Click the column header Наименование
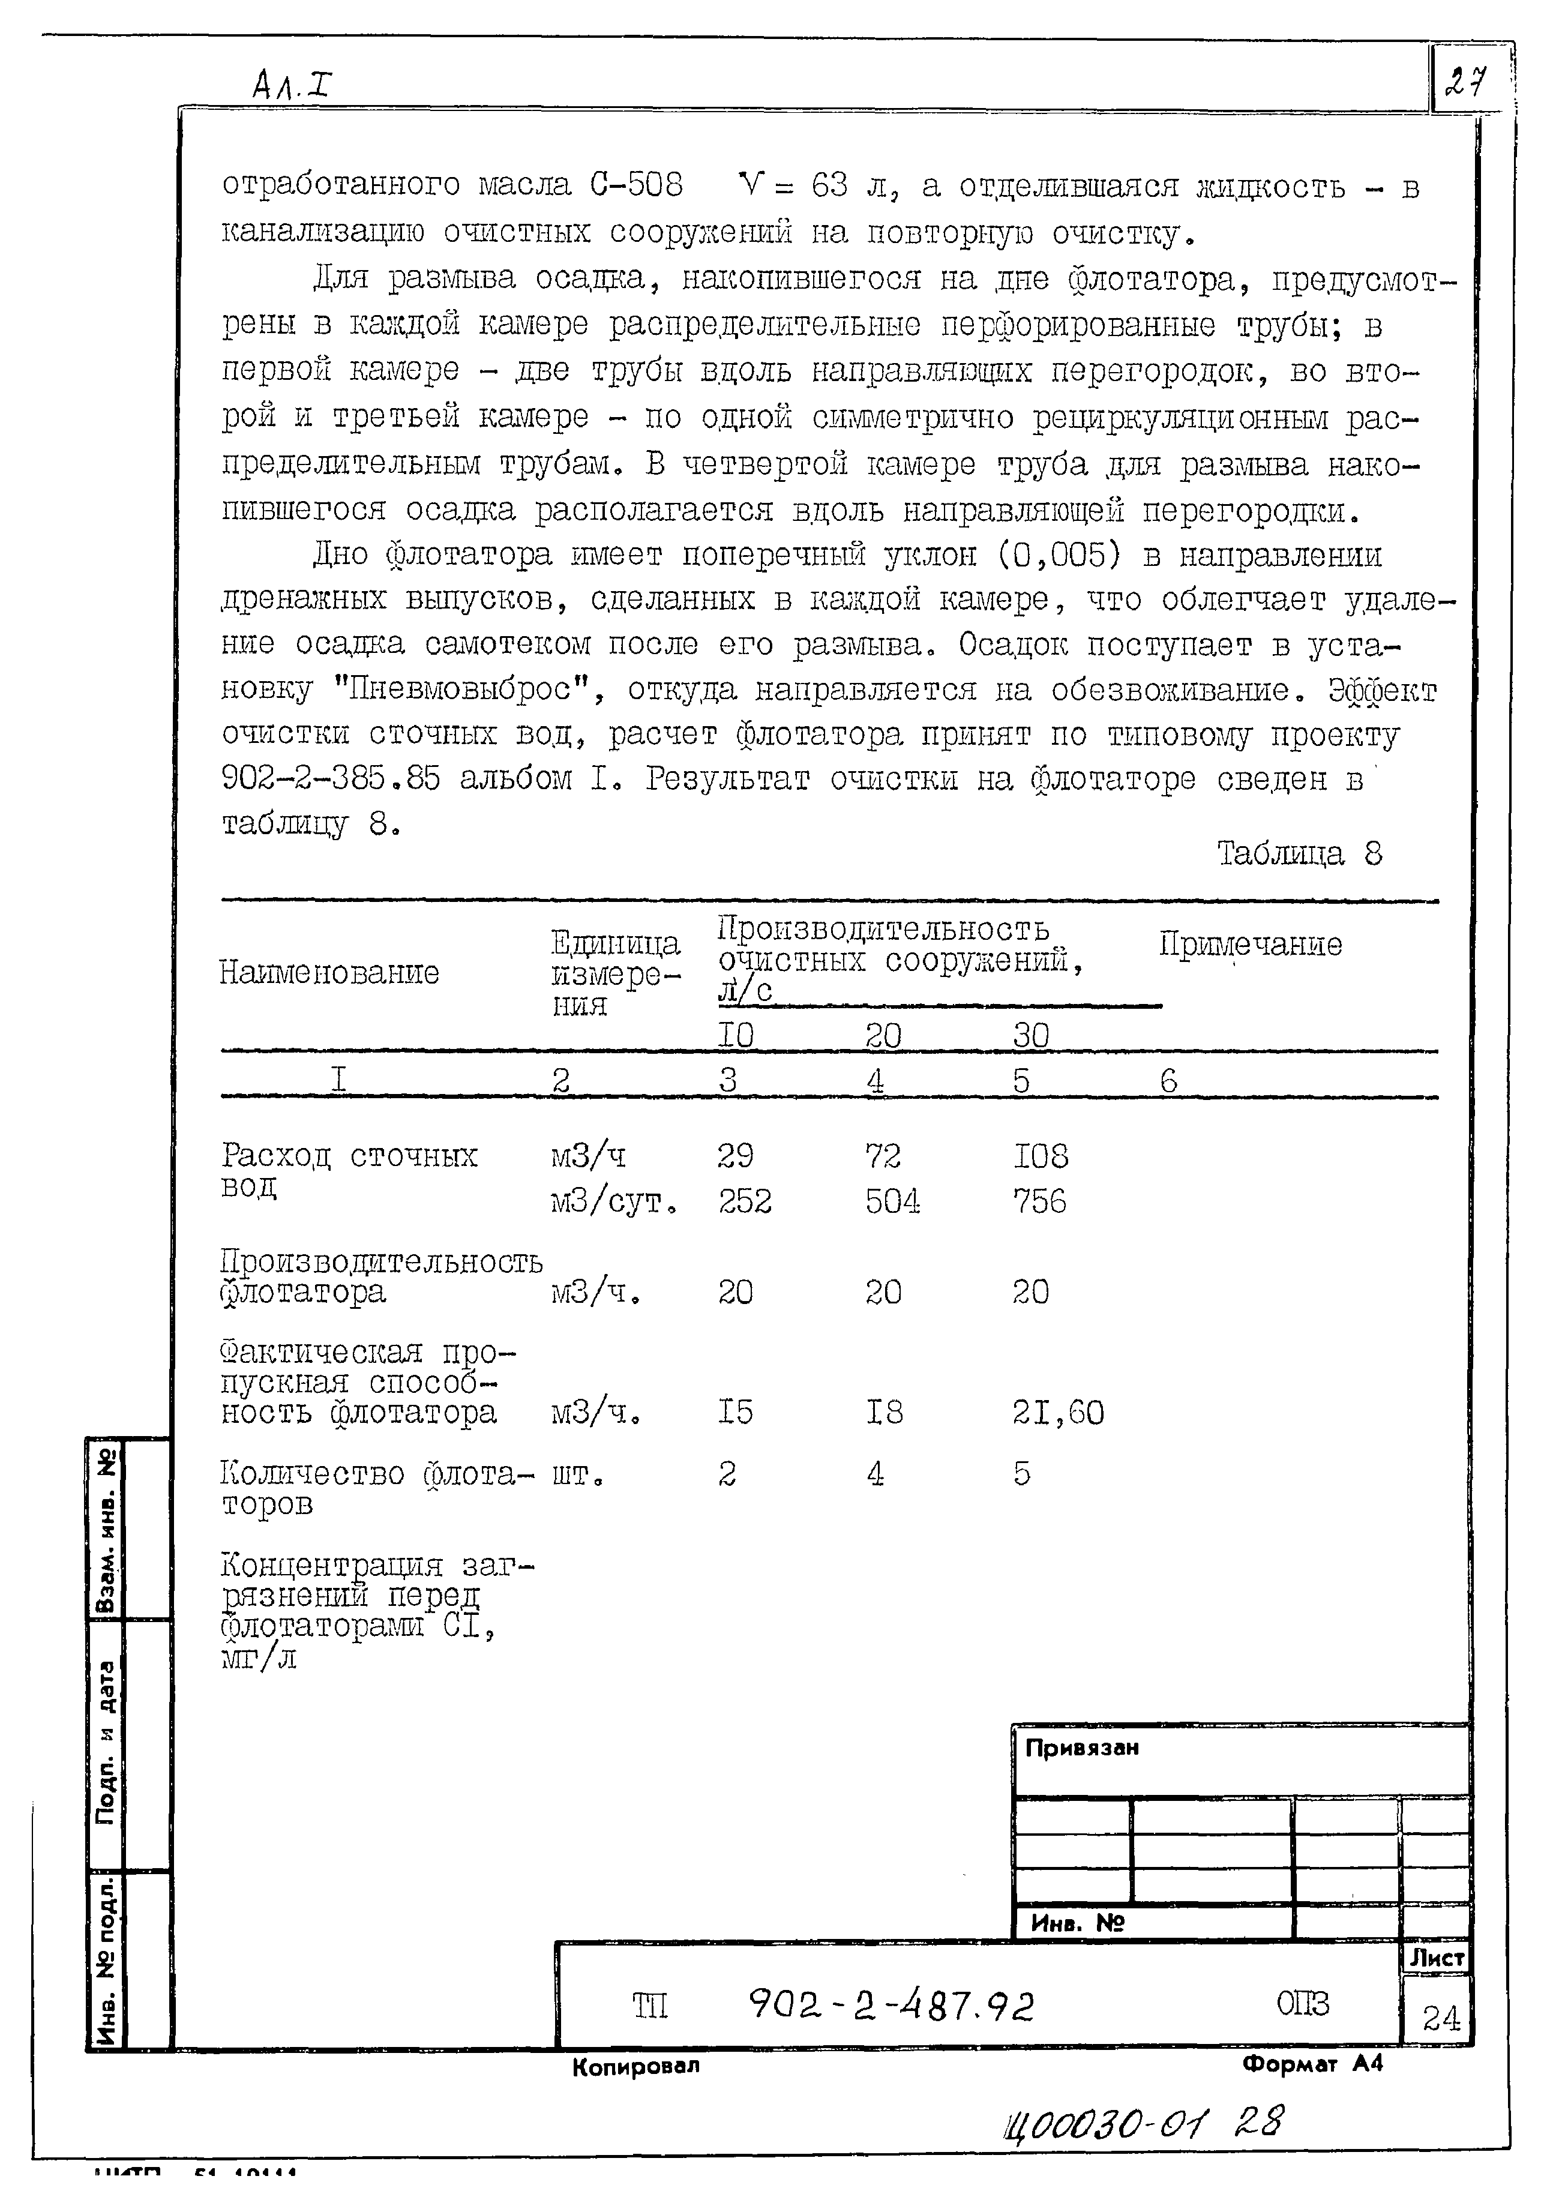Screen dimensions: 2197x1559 (x=329, y=973)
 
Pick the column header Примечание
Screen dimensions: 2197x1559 (x=1250, y=945)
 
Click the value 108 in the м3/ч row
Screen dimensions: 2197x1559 (x=1041, y=1156)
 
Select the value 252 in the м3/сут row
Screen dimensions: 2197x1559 (x=744, y=1201)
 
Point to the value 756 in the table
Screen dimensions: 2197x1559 (x=1040, y=1201)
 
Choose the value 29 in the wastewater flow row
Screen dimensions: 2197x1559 (x=735, y=1156)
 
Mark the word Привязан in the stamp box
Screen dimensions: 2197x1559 (x=1082, y=1748)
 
